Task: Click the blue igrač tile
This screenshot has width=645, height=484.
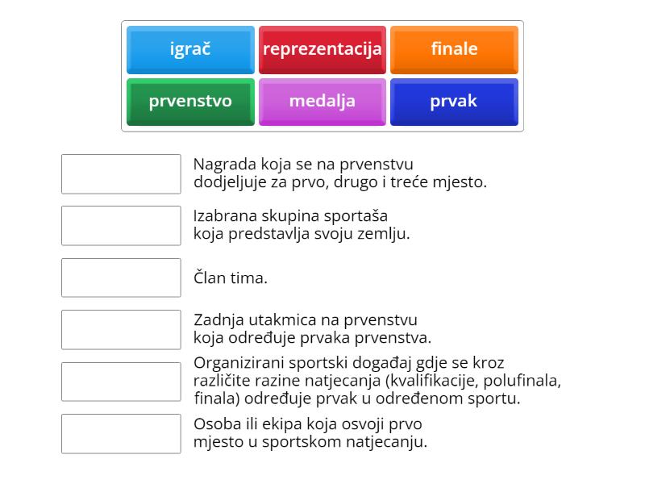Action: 190,50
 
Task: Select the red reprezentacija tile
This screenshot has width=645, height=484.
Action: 322,50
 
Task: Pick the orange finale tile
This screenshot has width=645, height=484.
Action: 454,50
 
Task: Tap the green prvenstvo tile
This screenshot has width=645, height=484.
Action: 190,102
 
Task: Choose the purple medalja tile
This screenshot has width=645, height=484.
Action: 322,102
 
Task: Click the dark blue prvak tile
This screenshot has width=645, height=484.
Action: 454,102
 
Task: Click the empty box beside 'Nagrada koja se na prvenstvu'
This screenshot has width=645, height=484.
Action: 121,174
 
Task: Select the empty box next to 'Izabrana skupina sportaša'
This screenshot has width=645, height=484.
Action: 121,226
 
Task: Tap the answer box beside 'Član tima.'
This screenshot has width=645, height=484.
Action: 121,277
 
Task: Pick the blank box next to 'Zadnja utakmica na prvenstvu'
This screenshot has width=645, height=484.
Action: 121,330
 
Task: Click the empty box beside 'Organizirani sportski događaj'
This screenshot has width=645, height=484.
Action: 121,382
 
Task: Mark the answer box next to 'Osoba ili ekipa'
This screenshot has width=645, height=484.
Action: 121,434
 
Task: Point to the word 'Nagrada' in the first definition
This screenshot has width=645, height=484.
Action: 225,165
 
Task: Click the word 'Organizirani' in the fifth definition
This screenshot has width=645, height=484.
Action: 238,364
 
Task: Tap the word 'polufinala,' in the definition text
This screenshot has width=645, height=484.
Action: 522,381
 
